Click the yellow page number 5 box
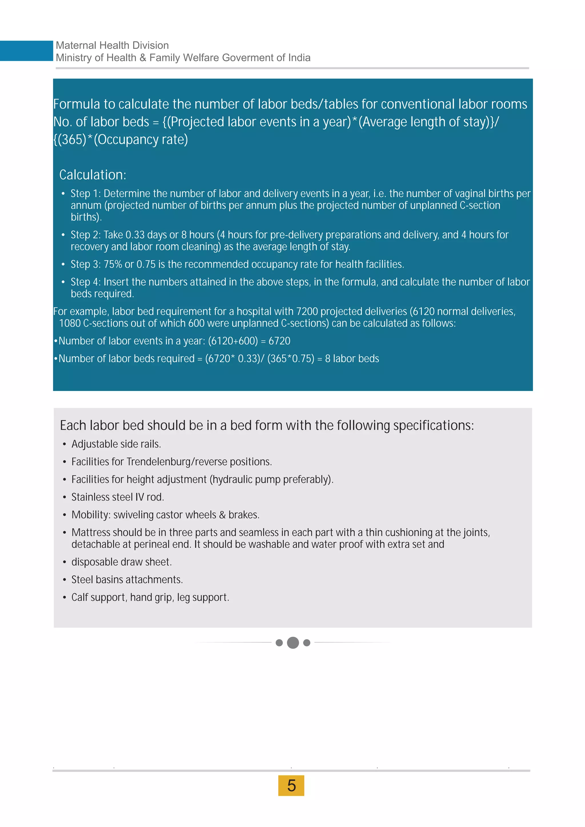pos(291,786)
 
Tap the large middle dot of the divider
pos(293,643)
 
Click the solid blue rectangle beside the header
pos(26,51)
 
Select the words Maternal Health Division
pos(112,45)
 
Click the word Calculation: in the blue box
pos(93,175)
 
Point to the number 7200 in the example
pos(306,311)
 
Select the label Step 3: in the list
pos(85,264)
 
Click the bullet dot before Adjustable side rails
pos(65,444)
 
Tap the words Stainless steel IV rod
pos(117,497)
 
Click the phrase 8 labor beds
pos(352,358)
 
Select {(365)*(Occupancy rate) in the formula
pos(121,139)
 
